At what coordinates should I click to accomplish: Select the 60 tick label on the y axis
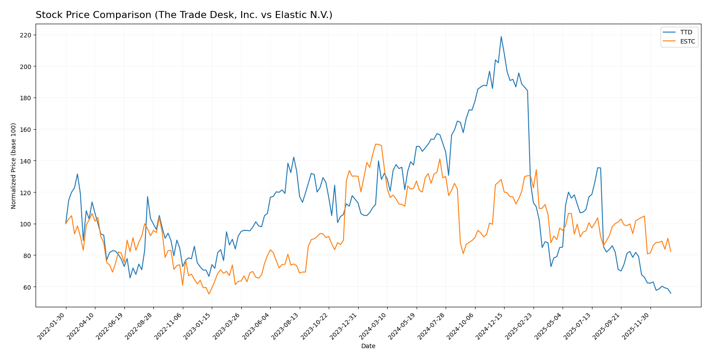click(27, 287)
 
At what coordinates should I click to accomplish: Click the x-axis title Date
click(368, 346)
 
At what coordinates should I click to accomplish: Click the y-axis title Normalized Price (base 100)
click(14, 166)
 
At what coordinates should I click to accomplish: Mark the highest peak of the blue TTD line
click(501, 36)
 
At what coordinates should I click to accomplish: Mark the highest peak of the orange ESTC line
click(376, 144)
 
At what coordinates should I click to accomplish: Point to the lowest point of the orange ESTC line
click(209, 294)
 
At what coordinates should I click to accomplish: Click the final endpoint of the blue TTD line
click(671, 293)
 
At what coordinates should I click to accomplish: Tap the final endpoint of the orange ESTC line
click(671, 251)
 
